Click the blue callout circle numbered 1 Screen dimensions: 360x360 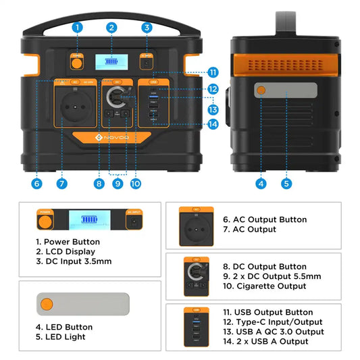(x=77, y=27)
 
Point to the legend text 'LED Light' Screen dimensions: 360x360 (x=64, y=337)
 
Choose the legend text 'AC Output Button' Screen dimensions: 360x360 (x=264, y=220)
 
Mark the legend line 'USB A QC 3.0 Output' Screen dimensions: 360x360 (x=273, y=332)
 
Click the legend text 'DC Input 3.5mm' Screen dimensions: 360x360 (x=75, y=261)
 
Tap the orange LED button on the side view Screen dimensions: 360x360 (x=261, y=92)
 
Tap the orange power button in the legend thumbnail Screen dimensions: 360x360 (x=46, y=220)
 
